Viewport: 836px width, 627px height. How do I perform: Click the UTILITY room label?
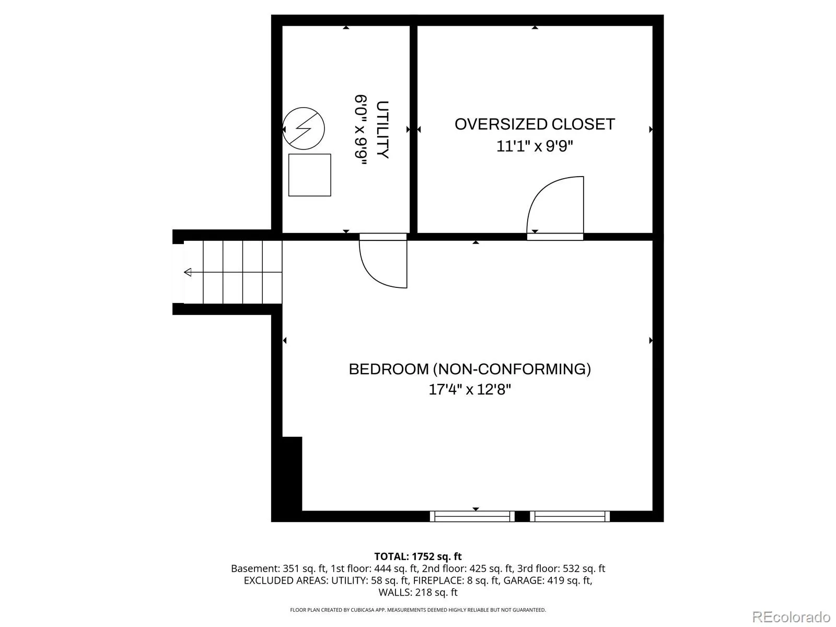382,130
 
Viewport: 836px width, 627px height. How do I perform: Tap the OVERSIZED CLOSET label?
535,124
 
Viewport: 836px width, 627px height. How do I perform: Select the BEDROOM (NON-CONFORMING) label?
470,369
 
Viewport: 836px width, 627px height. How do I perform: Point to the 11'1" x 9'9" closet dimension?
535,146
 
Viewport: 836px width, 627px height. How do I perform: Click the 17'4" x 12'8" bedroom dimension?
470,389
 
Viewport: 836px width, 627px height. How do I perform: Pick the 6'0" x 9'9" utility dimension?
361,130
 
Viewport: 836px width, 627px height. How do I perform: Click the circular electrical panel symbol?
304,129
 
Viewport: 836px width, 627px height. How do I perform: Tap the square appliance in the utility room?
309,175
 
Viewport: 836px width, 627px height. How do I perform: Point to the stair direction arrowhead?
188,272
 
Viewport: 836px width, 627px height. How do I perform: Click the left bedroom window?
472,517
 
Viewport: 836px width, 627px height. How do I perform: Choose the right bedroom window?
570,517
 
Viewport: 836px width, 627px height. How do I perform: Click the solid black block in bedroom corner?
292,474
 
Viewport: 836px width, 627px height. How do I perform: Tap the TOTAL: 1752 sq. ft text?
418,556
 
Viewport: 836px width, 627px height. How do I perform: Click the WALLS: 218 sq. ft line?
418,593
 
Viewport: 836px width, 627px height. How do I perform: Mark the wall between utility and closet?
414,130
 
